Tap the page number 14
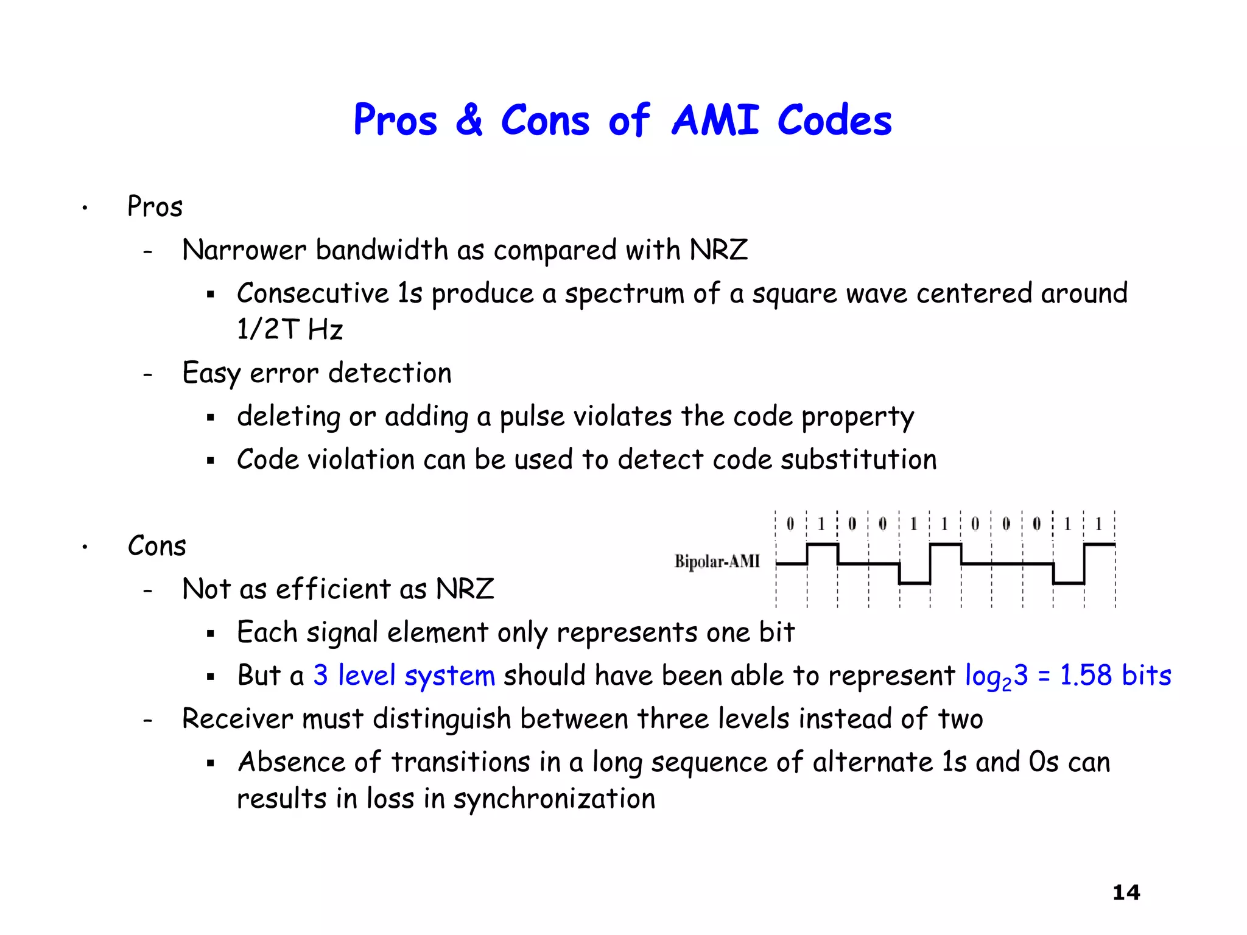[1126, 892]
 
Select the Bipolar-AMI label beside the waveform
[717, 561]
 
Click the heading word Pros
[155, 207]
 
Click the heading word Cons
[156, 546]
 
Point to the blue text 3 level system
[404, 676]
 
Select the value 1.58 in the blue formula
[1086, 676]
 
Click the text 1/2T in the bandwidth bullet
[267, 329]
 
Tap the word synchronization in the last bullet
[554, 799]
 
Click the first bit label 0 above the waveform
[790, 524]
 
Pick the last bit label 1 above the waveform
[1099, 524]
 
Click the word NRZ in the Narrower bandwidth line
[718, 250]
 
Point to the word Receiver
[237, 719]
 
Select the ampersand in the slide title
[469, 120]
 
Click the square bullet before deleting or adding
[211, 418]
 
